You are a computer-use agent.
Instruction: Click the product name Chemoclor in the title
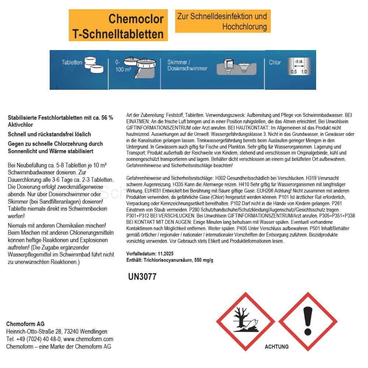[x=136, y=19]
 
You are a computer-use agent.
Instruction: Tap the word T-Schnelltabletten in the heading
[x=118, y=34]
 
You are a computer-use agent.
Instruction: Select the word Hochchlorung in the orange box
[x=244, y=26]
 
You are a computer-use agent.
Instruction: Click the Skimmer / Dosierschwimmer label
[x=187, y=66]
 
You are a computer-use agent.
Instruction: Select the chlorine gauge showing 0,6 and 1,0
[x=299, y=66]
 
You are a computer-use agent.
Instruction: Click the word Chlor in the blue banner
[x=275, y=62]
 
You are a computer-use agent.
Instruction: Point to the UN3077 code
[x=142, y=277]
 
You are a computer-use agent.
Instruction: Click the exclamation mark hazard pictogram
[x=308, y=321]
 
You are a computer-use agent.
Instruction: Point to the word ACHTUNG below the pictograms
[x=276, y=347]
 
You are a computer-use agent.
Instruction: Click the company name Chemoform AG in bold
[x=25, y=324]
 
